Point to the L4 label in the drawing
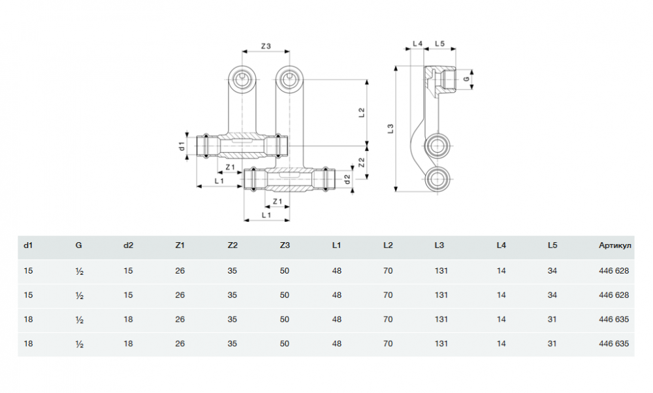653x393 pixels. click(x=417, y=44)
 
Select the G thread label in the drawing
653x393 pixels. click(x=466, y=79)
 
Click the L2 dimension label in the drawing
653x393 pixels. click(x=361, y=113)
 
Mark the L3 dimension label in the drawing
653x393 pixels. click(x=390, y=129)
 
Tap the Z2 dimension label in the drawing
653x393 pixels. click(x=361, y=161)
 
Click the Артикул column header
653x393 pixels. click(x=614, y=246)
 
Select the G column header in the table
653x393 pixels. click(x=78, y=246)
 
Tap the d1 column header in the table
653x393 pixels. click(x=28, y=246)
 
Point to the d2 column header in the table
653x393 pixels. click(x=128, y=246)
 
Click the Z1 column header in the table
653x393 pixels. click(x=180, y=246)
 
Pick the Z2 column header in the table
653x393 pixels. click(x=232, y=246)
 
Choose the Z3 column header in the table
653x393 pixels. click(x=284, y=246)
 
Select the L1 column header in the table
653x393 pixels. click(x=336, y=246)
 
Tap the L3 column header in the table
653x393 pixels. click(x=439, y=246)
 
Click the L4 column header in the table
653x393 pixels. click(x=501, y=246)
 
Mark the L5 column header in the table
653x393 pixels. click(x=552, y=246)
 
